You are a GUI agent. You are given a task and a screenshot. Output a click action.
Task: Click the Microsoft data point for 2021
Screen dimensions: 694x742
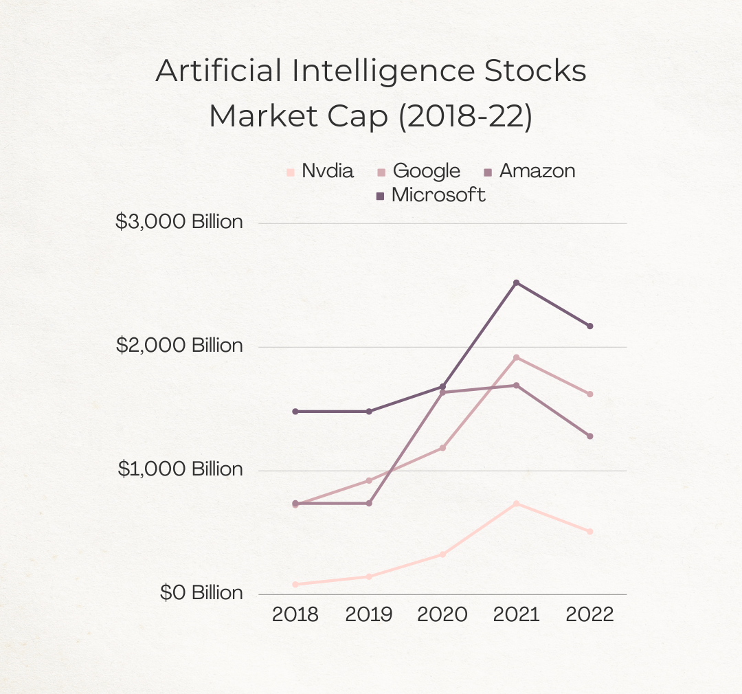(516, 282)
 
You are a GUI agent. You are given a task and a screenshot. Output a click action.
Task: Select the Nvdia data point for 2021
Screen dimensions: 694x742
(516, 504)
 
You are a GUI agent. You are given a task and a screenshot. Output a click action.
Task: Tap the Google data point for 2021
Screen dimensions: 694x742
(516, 357)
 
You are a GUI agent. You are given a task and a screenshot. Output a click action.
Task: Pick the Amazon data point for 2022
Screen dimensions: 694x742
(589, 436)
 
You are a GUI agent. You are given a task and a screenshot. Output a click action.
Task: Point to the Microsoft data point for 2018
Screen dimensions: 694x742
(295, 411)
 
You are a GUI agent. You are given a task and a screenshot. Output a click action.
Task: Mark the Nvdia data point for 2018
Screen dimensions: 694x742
(295, 584)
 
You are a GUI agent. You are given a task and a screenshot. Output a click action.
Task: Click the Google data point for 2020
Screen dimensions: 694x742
(442, 447)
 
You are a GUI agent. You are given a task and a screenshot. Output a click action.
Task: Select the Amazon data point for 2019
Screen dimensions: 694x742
(369, 503)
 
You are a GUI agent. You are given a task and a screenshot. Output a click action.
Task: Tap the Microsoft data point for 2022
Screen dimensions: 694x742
(589, 326)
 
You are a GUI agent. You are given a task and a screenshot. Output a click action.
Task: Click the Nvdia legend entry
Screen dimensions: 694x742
(320, 171)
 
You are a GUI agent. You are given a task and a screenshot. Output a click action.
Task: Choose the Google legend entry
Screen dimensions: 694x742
(418, 171)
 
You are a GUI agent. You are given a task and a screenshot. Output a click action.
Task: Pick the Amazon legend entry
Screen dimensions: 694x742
(529, 171)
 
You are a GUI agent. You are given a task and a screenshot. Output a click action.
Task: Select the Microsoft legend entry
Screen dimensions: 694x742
(431, 195)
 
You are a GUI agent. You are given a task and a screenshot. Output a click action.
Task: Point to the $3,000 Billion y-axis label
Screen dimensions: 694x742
(179, 222)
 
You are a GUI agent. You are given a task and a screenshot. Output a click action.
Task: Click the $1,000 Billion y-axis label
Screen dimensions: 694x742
(180, 469)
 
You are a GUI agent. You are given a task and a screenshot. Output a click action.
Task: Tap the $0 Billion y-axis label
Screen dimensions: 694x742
(201, 593)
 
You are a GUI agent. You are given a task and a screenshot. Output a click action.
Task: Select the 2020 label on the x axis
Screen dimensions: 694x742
(442, 614)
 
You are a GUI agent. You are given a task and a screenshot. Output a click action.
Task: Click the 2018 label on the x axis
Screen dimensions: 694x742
(295, 614)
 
